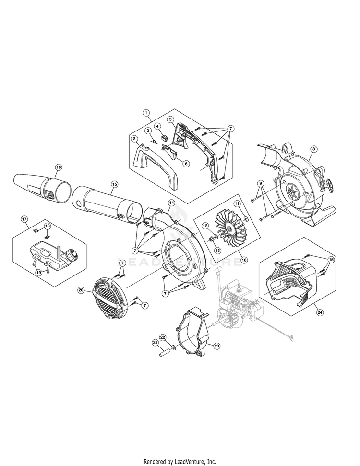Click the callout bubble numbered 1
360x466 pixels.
pos(145,113)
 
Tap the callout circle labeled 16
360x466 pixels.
pos(59,167)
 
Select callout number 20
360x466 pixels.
pos(81,290)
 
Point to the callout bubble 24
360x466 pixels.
pos(320,312)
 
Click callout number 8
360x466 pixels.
pos(313,149)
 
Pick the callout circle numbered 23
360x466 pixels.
pos(216,346)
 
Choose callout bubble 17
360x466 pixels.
pos(24,219)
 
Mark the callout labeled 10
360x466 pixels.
pos(244,260)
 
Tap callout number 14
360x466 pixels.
pos(171,203)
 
